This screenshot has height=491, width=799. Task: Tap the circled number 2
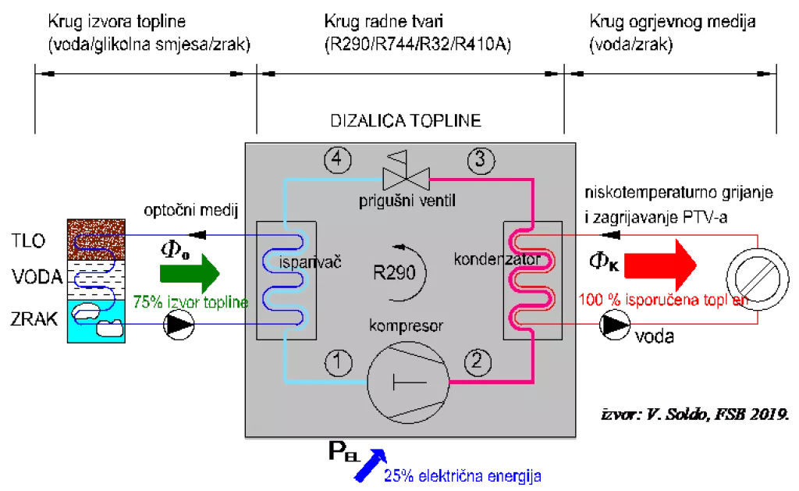click(478, 361)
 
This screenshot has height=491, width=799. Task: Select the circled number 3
click(481, 160)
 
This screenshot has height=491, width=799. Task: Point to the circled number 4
click(337, 160)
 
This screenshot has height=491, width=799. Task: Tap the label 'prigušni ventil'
click(407, 201)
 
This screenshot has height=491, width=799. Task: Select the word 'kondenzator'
click(497, 258)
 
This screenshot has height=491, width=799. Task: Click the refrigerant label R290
click(399, 273)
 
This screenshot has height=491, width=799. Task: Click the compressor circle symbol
click(409, 383)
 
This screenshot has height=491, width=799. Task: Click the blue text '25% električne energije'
click(462, 475)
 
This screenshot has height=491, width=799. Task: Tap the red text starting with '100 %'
click(663, 299)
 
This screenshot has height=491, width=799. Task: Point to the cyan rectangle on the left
click(96, 321)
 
